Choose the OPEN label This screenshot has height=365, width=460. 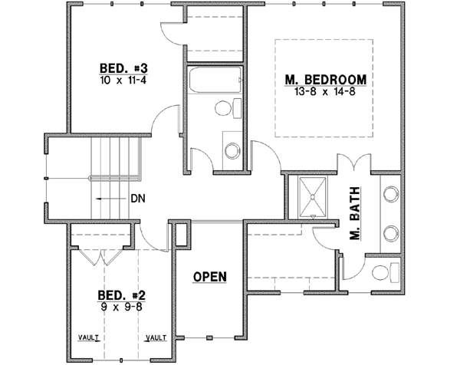click(209, 276)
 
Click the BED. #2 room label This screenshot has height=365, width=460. click(122, 295)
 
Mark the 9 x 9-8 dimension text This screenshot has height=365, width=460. click(122, 307)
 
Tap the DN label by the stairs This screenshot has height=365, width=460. click(138, 198)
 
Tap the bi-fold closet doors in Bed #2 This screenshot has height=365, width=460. click(100, 255)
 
